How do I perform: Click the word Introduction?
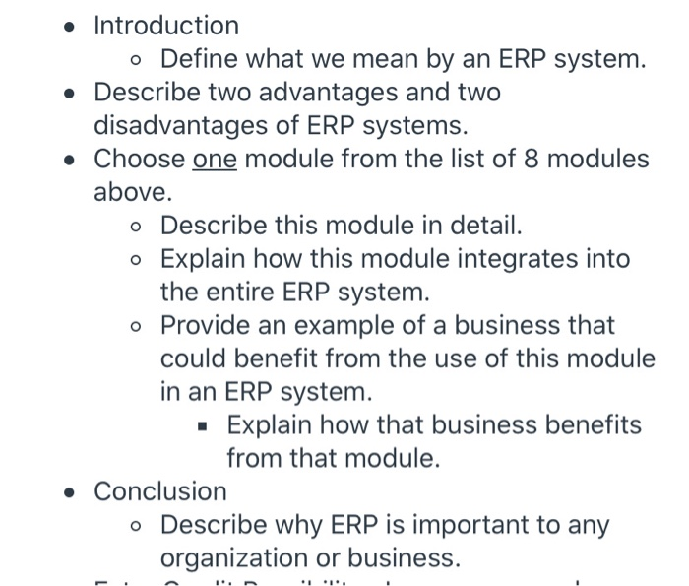[x=165, y=26]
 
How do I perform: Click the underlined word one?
[x=215, y=159]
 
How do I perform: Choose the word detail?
[x=479, y=226]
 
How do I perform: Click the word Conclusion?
[x=159, y=490]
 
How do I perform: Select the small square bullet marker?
[x=202, y=426]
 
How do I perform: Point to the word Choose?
[x=139, y=159]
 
